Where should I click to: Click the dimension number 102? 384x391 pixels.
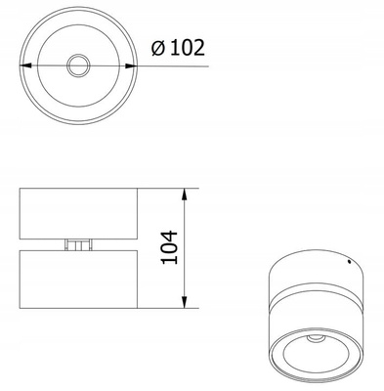[x=188, y=48]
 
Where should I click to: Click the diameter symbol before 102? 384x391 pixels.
[x=158, y=48]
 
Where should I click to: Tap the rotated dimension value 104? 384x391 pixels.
[x=169, y=247]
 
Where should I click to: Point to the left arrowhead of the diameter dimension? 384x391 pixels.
[x=25, y=65]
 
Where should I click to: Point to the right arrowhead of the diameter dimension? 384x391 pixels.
[x=131, y=65]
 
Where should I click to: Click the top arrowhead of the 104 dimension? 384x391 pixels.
[x=185, y=195]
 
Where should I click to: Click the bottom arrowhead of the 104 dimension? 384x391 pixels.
[x=185, y=302]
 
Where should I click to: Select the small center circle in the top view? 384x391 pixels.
[x=78, y=65]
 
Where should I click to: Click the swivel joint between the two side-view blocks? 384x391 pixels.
[x=78, y=244]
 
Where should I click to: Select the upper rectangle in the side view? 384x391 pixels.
[x=78, y=214]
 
